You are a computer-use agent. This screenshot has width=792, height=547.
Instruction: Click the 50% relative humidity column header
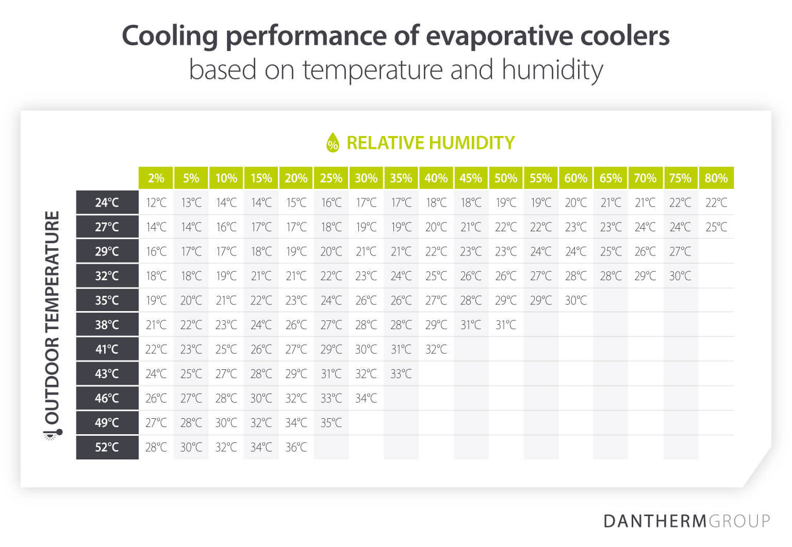(506, 178)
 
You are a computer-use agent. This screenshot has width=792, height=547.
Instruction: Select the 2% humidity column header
(156, 178)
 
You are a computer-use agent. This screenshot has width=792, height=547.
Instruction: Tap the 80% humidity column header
(716, 178)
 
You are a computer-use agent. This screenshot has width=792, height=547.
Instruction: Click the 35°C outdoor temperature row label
(107, 300)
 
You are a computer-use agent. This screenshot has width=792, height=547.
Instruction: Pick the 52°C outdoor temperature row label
(107, 447)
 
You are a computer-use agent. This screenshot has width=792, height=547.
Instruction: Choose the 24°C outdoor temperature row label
(107, 202)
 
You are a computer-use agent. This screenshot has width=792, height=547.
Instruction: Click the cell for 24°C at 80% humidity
(716, 202)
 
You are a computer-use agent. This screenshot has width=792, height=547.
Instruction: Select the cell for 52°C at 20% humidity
(296, 447)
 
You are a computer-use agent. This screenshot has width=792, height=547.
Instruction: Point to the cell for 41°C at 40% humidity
(436, 349)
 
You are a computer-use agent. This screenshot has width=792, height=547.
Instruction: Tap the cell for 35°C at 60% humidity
(576, 300)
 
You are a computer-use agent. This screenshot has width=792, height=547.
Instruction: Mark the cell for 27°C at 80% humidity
(716, 227)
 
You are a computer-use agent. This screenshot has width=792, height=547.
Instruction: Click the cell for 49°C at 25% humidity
(331, 423)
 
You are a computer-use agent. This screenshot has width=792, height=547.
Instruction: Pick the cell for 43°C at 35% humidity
(401, 374)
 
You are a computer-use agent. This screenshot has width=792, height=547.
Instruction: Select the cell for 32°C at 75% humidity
(680, 276)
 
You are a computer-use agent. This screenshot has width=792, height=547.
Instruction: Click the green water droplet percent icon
(333, 143)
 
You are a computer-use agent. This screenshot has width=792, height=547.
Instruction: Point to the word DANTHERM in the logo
(655, 521)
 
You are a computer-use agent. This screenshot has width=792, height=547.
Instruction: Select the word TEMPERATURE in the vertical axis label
(53, 273)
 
